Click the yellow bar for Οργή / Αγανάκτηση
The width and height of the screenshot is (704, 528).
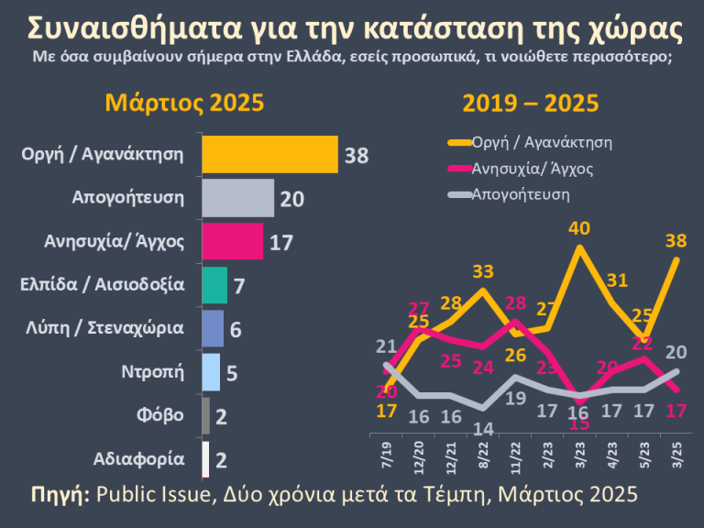(x=269, y=154)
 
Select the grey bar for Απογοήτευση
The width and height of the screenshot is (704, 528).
(x=237, y=197)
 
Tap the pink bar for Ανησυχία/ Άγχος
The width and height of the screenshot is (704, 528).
(x=231, y=242)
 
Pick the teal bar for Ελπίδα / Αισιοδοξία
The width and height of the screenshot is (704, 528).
(x=214, y=285)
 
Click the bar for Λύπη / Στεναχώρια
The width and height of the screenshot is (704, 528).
(x=212, y=328)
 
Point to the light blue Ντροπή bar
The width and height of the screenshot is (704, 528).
(x=210, y=371)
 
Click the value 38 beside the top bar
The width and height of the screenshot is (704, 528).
(x=356, y=155)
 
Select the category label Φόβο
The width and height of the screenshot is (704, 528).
(x=164, y=415)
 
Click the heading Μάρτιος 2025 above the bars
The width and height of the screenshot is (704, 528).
(x=184, y=103)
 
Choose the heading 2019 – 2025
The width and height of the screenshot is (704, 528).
(x=531, y=103)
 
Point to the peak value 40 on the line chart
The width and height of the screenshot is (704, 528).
(x=578, y=228)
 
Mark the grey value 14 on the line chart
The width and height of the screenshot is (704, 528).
(x=485, y=428)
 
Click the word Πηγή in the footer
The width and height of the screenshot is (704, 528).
(x=60, y=495)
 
